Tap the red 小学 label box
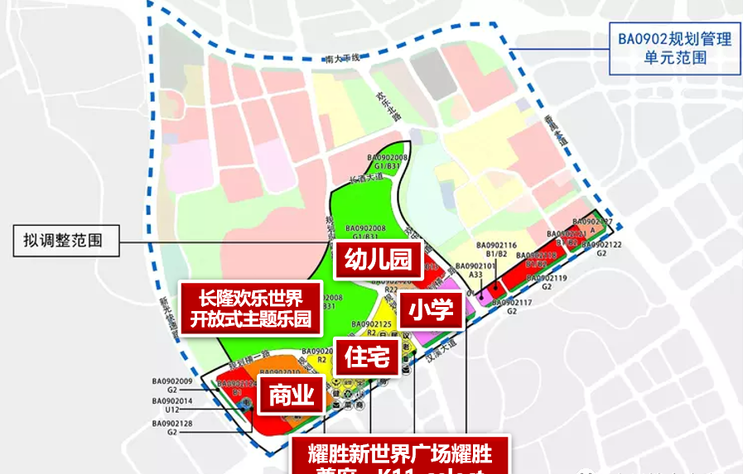(430, 310)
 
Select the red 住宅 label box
(363, 357)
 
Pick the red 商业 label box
(292, 396)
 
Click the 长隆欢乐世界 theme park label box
(250, 308)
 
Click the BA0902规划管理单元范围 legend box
(674, 48)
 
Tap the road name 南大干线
(344, 58)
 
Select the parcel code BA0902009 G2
(172, 385)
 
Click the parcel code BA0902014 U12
(172, 405)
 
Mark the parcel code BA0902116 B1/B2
(497, 251)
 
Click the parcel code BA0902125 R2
(371, 328)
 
